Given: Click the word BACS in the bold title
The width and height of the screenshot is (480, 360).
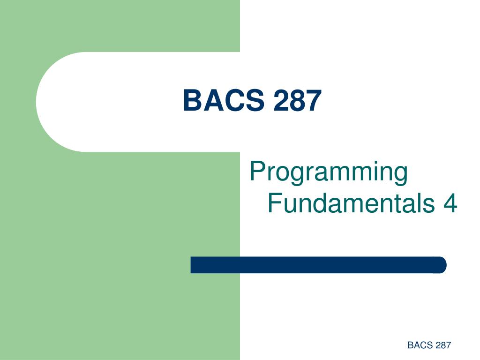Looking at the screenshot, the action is [x=224, y=100].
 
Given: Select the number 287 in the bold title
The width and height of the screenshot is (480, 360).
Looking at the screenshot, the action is [x=297, y=100].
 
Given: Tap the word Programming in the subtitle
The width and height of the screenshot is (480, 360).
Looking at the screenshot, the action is [x=329, y=172].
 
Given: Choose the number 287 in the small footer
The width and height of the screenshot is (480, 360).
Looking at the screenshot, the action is [x=443, y=345].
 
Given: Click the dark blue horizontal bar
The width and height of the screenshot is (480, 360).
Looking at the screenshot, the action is [x=318, y=265].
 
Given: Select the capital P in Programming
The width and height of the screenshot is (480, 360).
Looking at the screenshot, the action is [x=257, y=171].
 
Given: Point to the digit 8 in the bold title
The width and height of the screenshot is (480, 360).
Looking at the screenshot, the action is [x=297, y=100].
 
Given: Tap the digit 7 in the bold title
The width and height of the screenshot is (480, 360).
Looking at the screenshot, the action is [x=314, y=100].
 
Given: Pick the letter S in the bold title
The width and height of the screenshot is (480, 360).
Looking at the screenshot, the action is [x=255, y=100].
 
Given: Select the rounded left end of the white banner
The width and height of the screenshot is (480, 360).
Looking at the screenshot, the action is [x=41, y=102].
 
